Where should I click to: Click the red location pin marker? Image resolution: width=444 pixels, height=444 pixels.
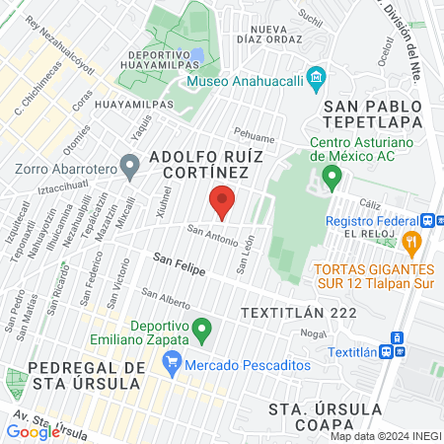[x=222, y=200]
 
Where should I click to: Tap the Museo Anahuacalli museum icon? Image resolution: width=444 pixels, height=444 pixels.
[x=316, y=76]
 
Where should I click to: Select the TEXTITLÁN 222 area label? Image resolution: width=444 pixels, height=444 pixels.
[x=283, y=312]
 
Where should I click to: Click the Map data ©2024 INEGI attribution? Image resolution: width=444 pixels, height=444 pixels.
[x=385, y=436]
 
